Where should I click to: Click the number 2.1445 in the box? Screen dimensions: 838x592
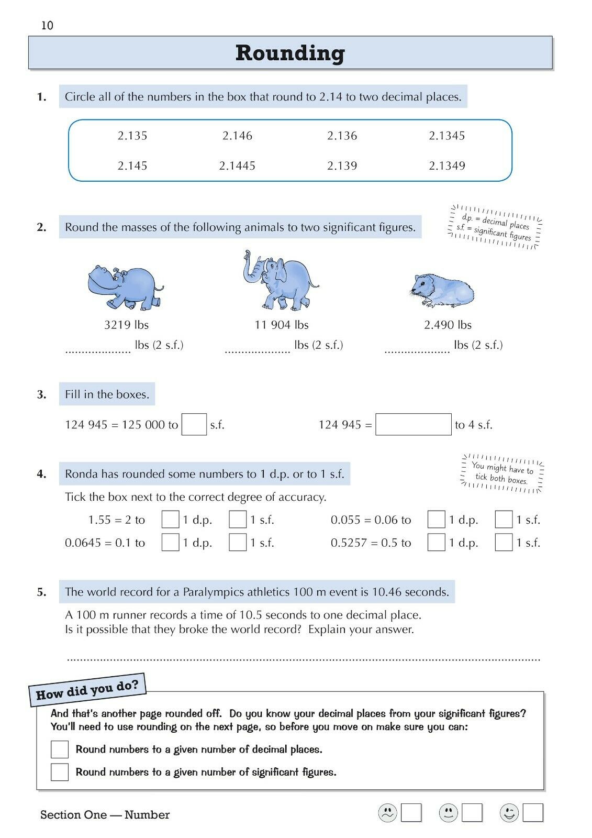(x=237, y=166)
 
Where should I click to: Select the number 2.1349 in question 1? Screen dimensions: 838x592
(x=447, y=166)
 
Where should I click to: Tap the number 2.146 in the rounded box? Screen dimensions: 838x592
(x=237, y=136)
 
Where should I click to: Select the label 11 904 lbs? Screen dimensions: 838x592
(x=282, y=325)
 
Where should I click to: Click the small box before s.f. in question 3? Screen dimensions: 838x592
(x=194, y=425)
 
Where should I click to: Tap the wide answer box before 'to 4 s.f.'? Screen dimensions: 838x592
(x=413, y=425)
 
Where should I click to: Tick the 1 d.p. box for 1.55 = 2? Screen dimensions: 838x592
(x=170, y=520)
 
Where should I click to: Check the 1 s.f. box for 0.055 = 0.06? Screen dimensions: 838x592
(x=504, y=520)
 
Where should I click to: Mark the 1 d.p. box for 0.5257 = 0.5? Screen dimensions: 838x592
(x=436, y=542)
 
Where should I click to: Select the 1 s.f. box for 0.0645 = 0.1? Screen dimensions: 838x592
(x=238, y=542)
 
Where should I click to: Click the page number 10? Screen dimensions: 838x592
(x=47, y=26)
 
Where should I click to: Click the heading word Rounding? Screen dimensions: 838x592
(x=290, y=53)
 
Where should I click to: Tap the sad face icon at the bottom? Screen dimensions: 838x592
(x=387, y=813)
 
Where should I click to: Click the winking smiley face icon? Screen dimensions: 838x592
(x=509, y=813)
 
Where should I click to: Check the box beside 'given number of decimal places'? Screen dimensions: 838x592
(x=60, y=749)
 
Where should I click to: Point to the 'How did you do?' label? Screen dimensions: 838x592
(x=87, y=690)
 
